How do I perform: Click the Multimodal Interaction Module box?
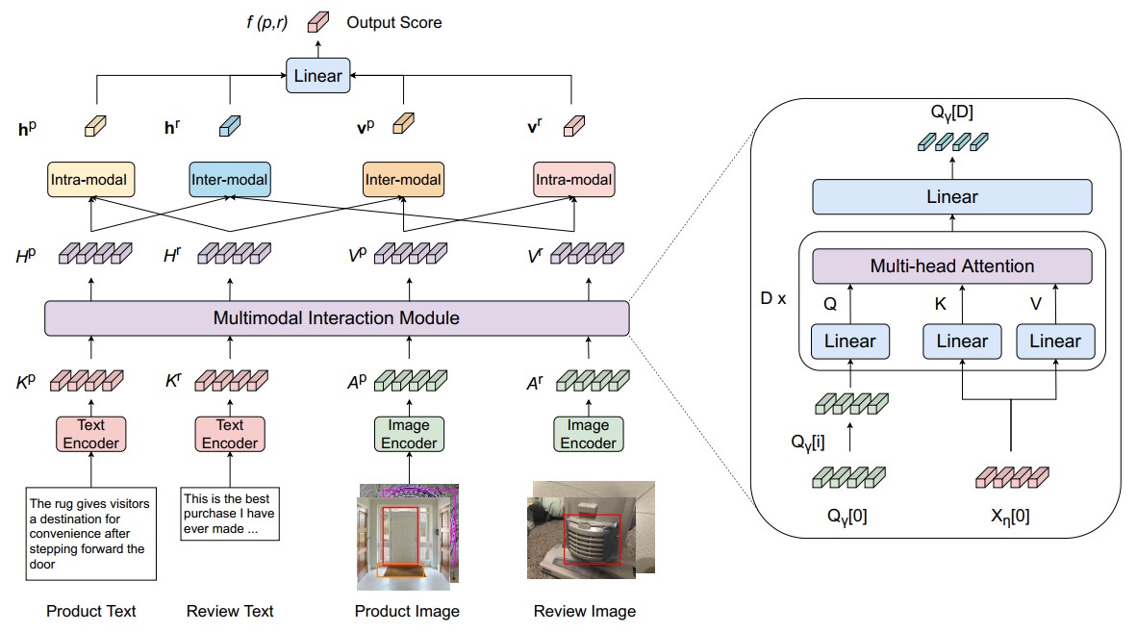(x=337, y=318)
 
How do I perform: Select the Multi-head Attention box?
(x=952, y=266)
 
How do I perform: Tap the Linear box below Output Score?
(x=317, y=75)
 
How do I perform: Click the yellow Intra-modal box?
(x=90, y=180)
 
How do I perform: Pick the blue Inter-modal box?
(x=230, y=180)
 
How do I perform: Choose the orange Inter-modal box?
(x=403, y=180)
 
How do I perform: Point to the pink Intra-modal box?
(x=573, y=180)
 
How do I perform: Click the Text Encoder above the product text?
(x=90, y=434)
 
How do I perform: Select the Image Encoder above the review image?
(x=588, y=434)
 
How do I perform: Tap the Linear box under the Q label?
(x=849, y=341)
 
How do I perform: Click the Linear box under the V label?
(x=1055, y=341)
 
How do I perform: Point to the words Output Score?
(x=393, y=22)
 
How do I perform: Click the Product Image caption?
(x=407, y=611)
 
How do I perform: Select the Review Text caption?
(x=230, y=611)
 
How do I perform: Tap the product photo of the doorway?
(x=408, y=537)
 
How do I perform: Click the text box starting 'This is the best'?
(x=230, y=514)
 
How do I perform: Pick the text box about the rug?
(x=90, y=534)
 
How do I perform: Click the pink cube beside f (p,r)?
(x=318, y=22)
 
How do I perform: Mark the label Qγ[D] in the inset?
(x=952, y=113)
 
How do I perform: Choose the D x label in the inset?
(x=773, y=298)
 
